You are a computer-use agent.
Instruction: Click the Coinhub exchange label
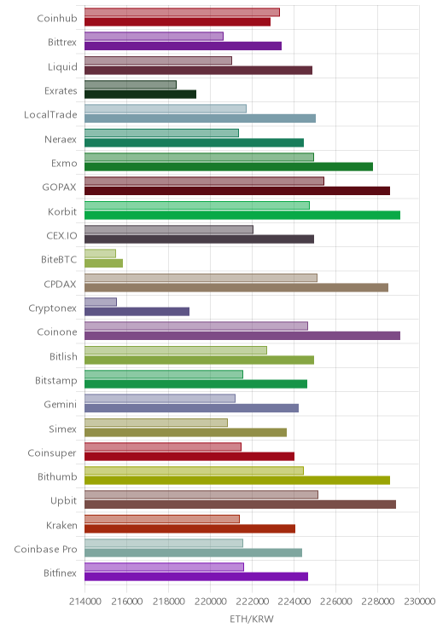pyautogui.click(x=56, y=18)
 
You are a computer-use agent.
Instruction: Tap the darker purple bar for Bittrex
pyautogui.click(x=183, y=46)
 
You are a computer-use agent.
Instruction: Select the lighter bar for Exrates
pyautogui.click(x=131, y=84)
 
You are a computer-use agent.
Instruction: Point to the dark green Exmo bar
pyautogui.click(x=229, y=166)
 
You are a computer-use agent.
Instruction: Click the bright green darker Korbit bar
pyautogui.click(x=242, y=215)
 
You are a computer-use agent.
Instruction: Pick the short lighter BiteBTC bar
pyautogui.click(x=100, y=254)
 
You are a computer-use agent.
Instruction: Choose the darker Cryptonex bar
pyautogui.click(x=137, y=311)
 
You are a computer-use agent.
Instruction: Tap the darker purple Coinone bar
pyautogui.click(x=242, y=336)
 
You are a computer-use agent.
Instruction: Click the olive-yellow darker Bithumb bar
pyautogui.click(x=237, y=481)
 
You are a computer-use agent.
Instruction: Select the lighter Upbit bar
pyautogui.click(x=201, y=494)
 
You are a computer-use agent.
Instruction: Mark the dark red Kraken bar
pyautogui.click(x=190, y=528)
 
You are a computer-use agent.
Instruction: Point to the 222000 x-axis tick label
pyautogui.click(x=252, y=602)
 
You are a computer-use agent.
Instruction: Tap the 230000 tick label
pyautogui.click(x=419, y=602)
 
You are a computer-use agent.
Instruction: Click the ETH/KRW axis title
pyautogui.click(x=252, y=619)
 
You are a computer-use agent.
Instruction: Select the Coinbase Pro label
pyautogui.click(x=45, y=549)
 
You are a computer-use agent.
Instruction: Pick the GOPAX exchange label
pyautogui.click(x=59, y=187)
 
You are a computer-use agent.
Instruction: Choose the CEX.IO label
pyautogui.click(x=61, y=235)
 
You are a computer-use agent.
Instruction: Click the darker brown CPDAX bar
pyautogui.click(x=236, y=287)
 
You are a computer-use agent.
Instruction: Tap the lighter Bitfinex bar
pyautogui.click(x=164, y=567)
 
